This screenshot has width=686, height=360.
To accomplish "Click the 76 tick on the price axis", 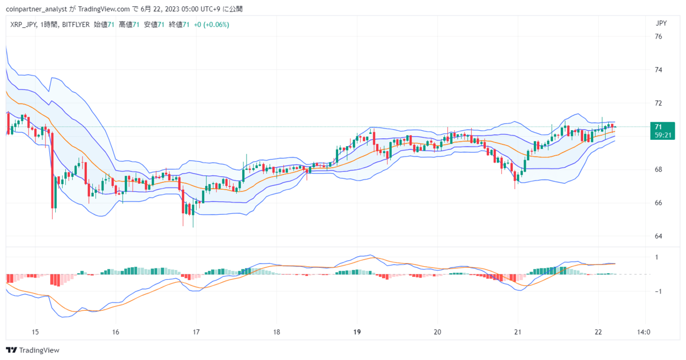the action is coord(659,37).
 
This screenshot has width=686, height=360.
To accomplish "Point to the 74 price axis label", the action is coord(659,70).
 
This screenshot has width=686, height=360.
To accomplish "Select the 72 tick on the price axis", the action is coord(659,103).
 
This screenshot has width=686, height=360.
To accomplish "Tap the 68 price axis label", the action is coord(659,170).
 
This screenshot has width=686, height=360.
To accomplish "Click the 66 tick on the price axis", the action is coord(659,203).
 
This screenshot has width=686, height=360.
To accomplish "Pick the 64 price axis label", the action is coord(659,236).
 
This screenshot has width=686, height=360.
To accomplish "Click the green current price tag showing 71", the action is coord(662,131).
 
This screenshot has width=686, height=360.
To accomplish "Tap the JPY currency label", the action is coord(661,23).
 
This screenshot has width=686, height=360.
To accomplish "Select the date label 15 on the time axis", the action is coord(35,332).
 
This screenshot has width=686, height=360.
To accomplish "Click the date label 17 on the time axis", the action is coord(196,332).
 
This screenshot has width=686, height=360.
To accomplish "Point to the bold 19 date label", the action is coord(357,332).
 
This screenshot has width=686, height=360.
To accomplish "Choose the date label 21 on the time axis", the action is coord(518,332).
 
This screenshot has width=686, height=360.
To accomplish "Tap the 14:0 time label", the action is coord(644,332).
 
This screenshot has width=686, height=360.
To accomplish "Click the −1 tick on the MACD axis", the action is coord(658,291).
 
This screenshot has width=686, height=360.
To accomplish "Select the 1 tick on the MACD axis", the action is coord(657,258).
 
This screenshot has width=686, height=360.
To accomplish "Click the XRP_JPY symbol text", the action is coord(23,25).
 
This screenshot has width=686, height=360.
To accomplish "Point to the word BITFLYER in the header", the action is coord(76,25).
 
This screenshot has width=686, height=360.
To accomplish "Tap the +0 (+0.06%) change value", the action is coord(212,25).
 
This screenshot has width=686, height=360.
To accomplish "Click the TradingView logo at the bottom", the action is coord(33,350).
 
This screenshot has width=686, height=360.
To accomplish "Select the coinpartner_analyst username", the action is coord(36,9).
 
